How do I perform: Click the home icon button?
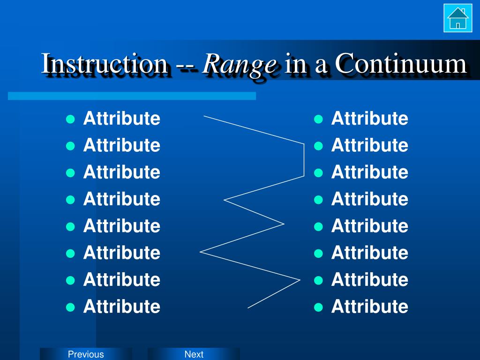[x=457, y=18]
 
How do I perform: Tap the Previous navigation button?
[x=86, y=354]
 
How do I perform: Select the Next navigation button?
[x=194, y=354]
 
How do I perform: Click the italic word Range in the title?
[x=240, y=64]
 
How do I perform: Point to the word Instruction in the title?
[x=105, y=63]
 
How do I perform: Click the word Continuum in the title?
[x=401, y=63]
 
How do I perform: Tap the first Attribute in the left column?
[x=122, y=118]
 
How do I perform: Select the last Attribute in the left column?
[x=122, y=306]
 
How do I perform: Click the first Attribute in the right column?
[x=370, y=118]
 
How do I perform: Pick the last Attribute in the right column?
[x=370, y=306]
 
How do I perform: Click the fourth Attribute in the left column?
[x=122, y=199]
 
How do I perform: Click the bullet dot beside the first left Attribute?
[x=70, y=119]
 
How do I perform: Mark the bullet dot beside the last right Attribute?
[x=318, y=307]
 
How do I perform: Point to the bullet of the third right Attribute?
[x=318, y=173]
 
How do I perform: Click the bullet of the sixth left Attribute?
[x=70, y=254]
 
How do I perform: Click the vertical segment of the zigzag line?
[x=304, y=160]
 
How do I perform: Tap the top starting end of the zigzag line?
[x=204, y=116]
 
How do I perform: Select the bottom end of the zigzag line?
[x=247, y=308]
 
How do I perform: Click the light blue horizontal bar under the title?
[x=132, y=96]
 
